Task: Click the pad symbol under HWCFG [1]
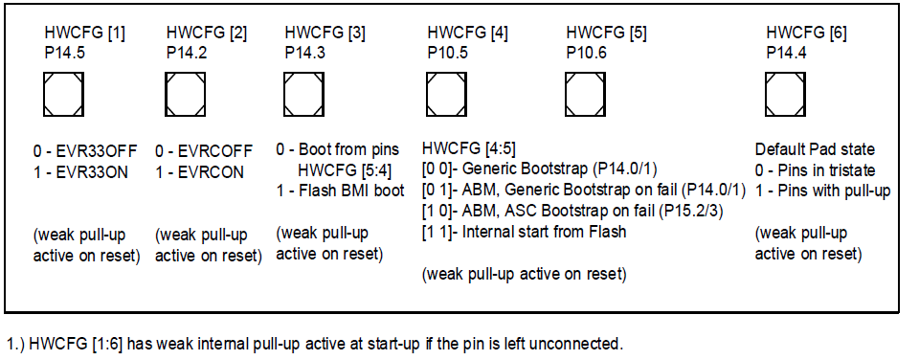click(63, 94)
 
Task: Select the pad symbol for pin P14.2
click(185, 94)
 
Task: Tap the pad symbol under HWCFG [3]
click(303, 94)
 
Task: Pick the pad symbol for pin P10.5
click(447, 94)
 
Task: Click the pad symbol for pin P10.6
click(585, 94)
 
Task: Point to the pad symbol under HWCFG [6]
click(785, 94)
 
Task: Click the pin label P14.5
click(65, 53)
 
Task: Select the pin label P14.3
click(304, 53)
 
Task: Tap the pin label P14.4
click(787, 53)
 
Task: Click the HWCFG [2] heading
click(207, 34)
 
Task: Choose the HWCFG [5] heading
click(606, 34)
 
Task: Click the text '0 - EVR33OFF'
click(85, 151)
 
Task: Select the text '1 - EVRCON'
click(200, 172)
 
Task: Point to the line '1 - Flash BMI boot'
click(341, 191)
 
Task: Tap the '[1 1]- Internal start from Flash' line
click(524, 233)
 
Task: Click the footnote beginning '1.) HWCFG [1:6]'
click(315, 343)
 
